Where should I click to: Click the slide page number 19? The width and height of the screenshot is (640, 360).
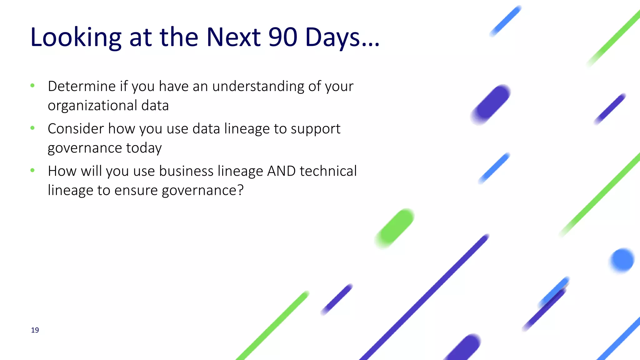coord(35,330)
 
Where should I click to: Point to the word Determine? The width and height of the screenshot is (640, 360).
coord(82,86)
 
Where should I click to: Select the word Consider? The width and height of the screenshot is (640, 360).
coord(76,129)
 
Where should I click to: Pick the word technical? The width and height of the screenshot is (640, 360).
coord(328,171)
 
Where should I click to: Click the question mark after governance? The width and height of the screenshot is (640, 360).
coord(240,190)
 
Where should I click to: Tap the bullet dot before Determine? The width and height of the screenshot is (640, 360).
coord(32,85)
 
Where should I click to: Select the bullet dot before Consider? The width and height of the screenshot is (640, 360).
coord(32,128)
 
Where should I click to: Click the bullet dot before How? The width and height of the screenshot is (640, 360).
coord(32,170)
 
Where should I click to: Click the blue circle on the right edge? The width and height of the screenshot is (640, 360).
coord(622,260)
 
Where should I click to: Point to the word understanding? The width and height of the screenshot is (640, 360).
coord(258,86)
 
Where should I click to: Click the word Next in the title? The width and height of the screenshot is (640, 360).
coord(233,37)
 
